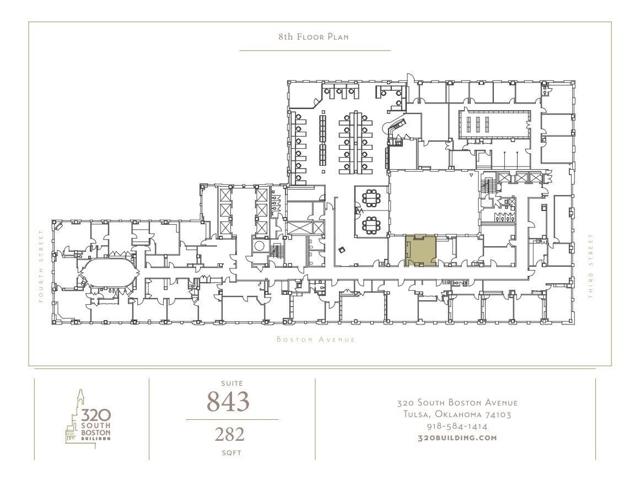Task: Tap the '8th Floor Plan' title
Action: [314, 37]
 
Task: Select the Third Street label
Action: [590, 267]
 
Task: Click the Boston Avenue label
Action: [316, 339]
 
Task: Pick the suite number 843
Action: [228, 402]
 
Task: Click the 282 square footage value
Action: [229, 434]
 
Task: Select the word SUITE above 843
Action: [231, 383]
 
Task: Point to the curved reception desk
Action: [398, 126]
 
